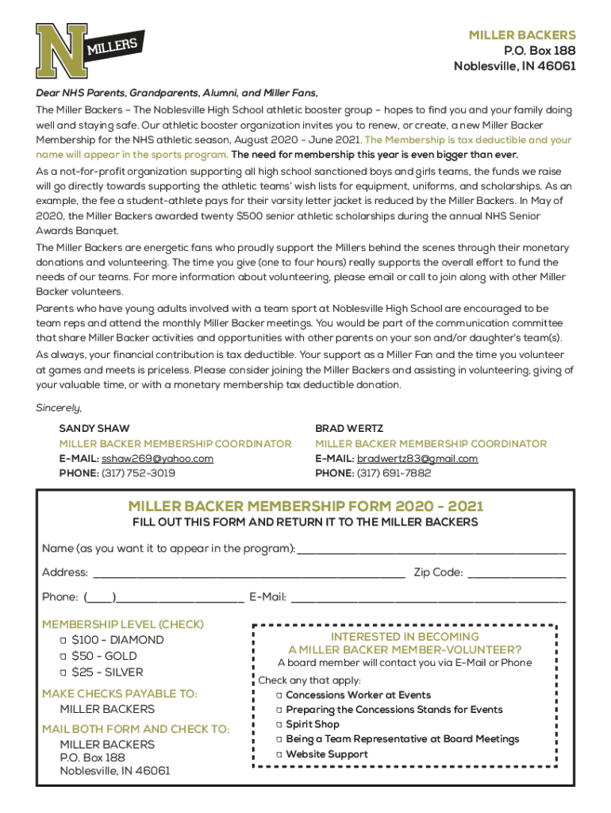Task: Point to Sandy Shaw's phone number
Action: (x=138, y=473)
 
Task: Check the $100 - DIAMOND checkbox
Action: (x=63, y=640)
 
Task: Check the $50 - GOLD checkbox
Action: (x=63, y=657)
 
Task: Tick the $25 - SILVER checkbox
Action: (x=63, y=672)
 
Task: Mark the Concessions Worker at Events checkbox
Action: (x=279, y=695)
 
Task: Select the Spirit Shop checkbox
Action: (x=279, y=725)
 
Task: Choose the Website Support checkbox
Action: (x=279, y=754)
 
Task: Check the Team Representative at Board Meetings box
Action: (x=279, y=739)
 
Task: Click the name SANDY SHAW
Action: (x=94, y=429)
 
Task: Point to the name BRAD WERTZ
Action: (x=349, y=429)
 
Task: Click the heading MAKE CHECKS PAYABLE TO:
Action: (x=120, y=694)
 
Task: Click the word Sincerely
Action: (x=59, y=408)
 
